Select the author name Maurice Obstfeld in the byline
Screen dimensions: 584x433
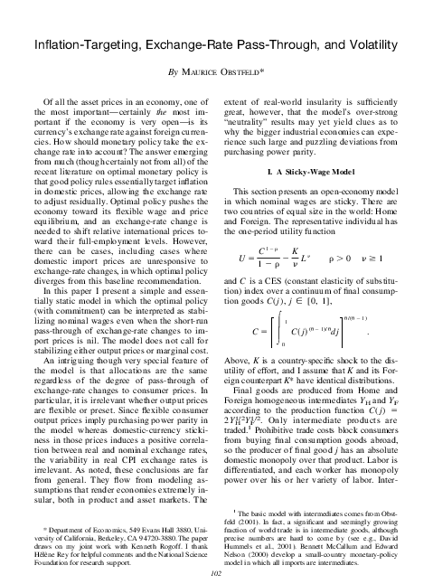[x=221, y=72]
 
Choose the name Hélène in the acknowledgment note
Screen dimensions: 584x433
[x=39, y=548]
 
